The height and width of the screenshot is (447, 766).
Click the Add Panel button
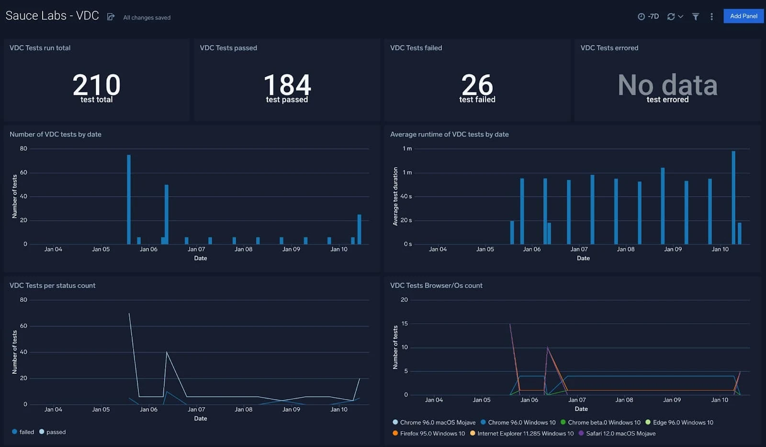(743, 16)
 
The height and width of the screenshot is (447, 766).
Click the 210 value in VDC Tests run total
(96, 85)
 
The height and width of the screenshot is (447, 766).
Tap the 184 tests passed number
(287, 85)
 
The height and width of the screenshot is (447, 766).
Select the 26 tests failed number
(477, 85)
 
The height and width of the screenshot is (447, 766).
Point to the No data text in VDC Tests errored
(667, 85)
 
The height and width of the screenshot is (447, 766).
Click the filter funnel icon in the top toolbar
(696, 17)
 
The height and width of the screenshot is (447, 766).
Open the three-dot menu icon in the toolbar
(711, 17)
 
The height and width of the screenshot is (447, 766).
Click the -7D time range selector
(649, 17)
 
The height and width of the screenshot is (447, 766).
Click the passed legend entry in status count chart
(56, 432)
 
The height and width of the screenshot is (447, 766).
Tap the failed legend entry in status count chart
(26, 432)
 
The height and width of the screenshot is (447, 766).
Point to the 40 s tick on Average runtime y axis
(406, 196)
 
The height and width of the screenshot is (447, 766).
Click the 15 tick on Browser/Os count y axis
(405, 324)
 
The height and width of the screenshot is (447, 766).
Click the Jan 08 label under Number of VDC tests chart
(243, 249)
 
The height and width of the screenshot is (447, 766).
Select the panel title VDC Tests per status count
(53, 286)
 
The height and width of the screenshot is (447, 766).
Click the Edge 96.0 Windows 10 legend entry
(683, 423)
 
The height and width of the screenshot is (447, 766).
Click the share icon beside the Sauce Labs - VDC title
(111, 17)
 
